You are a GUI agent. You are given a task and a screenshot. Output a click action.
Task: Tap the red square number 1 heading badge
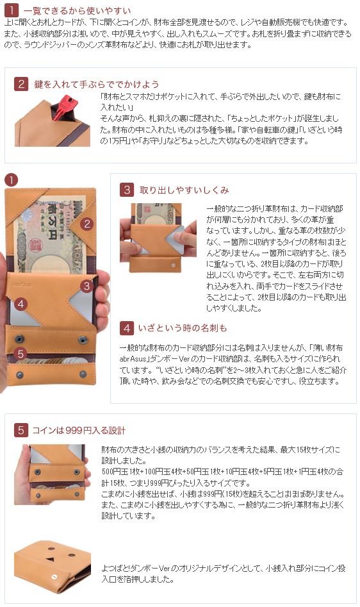(12, 10)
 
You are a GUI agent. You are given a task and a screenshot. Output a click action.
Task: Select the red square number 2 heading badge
(21, 83)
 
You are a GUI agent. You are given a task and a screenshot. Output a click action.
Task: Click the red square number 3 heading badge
(126, 190)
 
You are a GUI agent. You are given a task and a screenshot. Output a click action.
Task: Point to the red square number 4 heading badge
(126, 328)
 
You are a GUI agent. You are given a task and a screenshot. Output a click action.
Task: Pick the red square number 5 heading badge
(21, 429)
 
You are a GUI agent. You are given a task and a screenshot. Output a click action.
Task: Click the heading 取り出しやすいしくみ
(184, 190)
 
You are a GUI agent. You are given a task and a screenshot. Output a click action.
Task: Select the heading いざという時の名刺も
(183, 328)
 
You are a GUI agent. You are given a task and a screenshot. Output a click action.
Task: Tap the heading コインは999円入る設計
(79, 430)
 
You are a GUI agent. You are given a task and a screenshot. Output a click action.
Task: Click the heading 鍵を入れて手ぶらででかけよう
(97, 84)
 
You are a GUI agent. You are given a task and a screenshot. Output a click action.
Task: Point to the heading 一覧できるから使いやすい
(78, 10)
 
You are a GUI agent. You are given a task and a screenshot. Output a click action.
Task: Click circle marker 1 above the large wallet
(12, 180)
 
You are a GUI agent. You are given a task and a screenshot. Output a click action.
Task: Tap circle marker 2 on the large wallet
(87, 223)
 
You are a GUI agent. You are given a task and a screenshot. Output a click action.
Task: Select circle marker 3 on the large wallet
(86, 286)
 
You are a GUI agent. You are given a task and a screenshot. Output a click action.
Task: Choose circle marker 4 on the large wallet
(21, 304)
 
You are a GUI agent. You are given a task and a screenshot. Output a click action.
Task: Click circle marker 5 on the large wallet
(20, 353)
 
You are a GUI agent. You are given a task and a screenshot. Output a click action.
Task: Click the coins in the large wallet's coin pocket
(54, 360)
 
